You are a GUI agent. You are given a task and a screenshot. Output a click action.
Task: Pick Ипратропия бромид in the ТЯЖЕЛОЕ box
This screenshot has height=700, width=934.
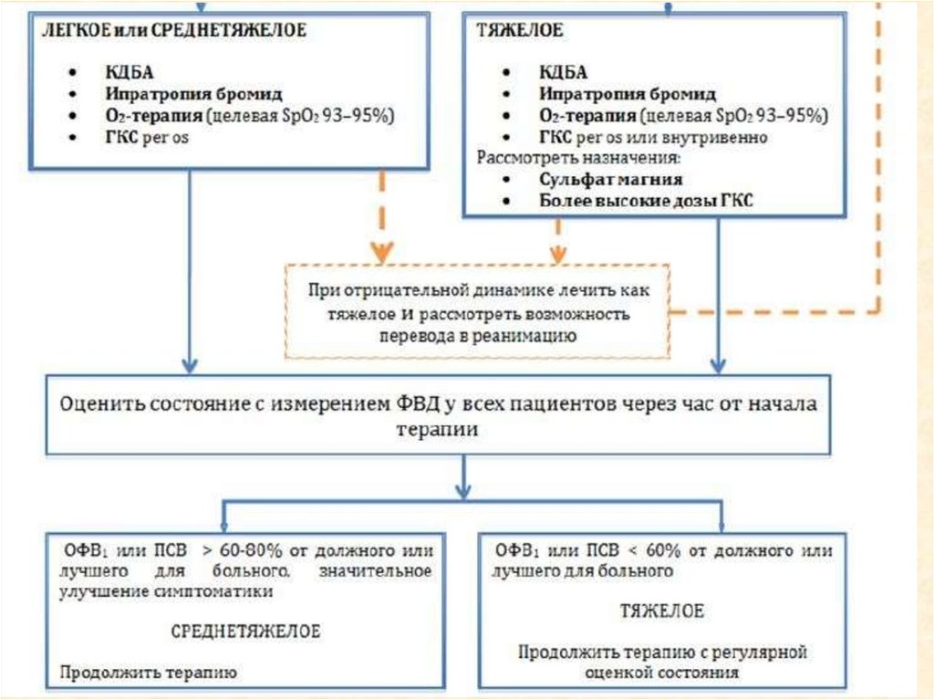(x=627, y=94)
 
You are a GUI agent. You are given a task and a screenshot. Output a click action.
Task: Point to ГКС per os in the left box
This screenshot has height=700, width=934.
(x=150, y=138)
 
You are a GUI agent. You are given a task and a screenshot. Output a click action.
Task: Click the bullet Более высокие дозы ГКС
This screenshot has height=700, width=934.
(x=646, y=202)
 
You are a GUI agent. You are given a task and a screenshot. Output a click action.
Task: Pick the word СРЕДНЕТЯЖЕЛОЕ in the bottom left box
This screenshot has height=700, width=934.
(x=245, y=632)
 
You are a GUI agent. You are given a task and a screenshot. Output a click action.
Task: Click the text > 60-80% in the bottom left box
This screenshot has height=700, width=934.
(x=234, y=552)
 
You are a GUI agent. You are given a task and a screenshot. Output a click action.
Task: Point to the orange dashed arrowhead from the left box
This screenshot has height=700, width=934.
(x=382, y=250)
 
